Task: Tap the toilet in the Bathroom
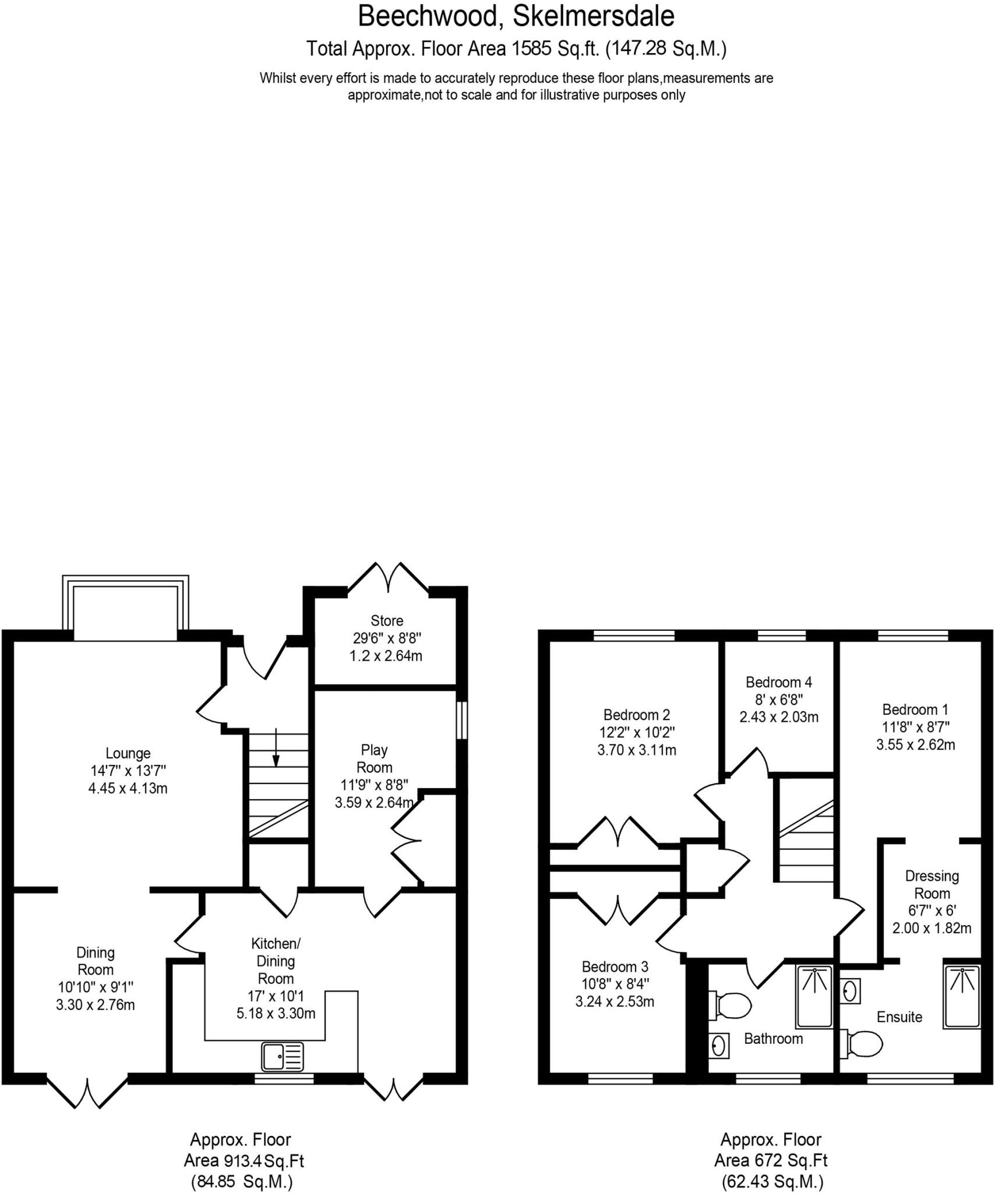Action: [x=731, y=1005]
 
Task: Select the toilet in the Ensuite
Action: [x=863, y=1043]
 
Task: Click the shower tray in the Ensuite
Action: [x=962, y=997]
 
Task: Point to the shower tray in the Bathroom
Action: [x=814, y=997]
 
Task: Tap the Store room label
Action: [x=387, y=620]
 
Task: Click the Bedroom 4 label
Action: [x=778, y=682]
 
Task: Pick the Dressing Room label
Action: [x=932, y=884]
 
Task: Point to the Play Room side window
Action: [x=461, y=720]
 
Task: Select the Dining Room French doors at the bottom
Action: [x=87, y=1091]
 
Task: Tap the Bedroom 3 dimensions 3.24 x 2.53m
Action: [x=615, y=1001]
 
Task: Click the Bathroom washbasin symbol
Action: [x=718, y=1046]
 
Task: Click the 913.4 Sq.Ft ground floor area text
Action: [x=244, y=1161]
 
